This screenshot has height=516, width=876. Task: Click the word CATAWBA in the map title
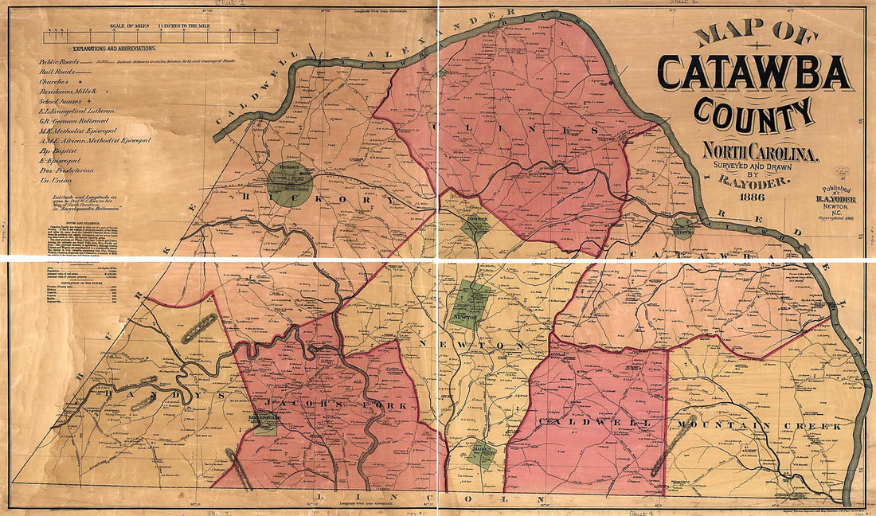[753, 73]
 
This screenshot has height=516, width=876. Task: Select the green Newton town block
[471, 304]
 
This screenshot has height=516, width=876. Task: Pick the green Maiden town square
[481, 452]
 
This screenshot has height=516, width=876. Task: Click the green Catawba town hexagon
[682, 228]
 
